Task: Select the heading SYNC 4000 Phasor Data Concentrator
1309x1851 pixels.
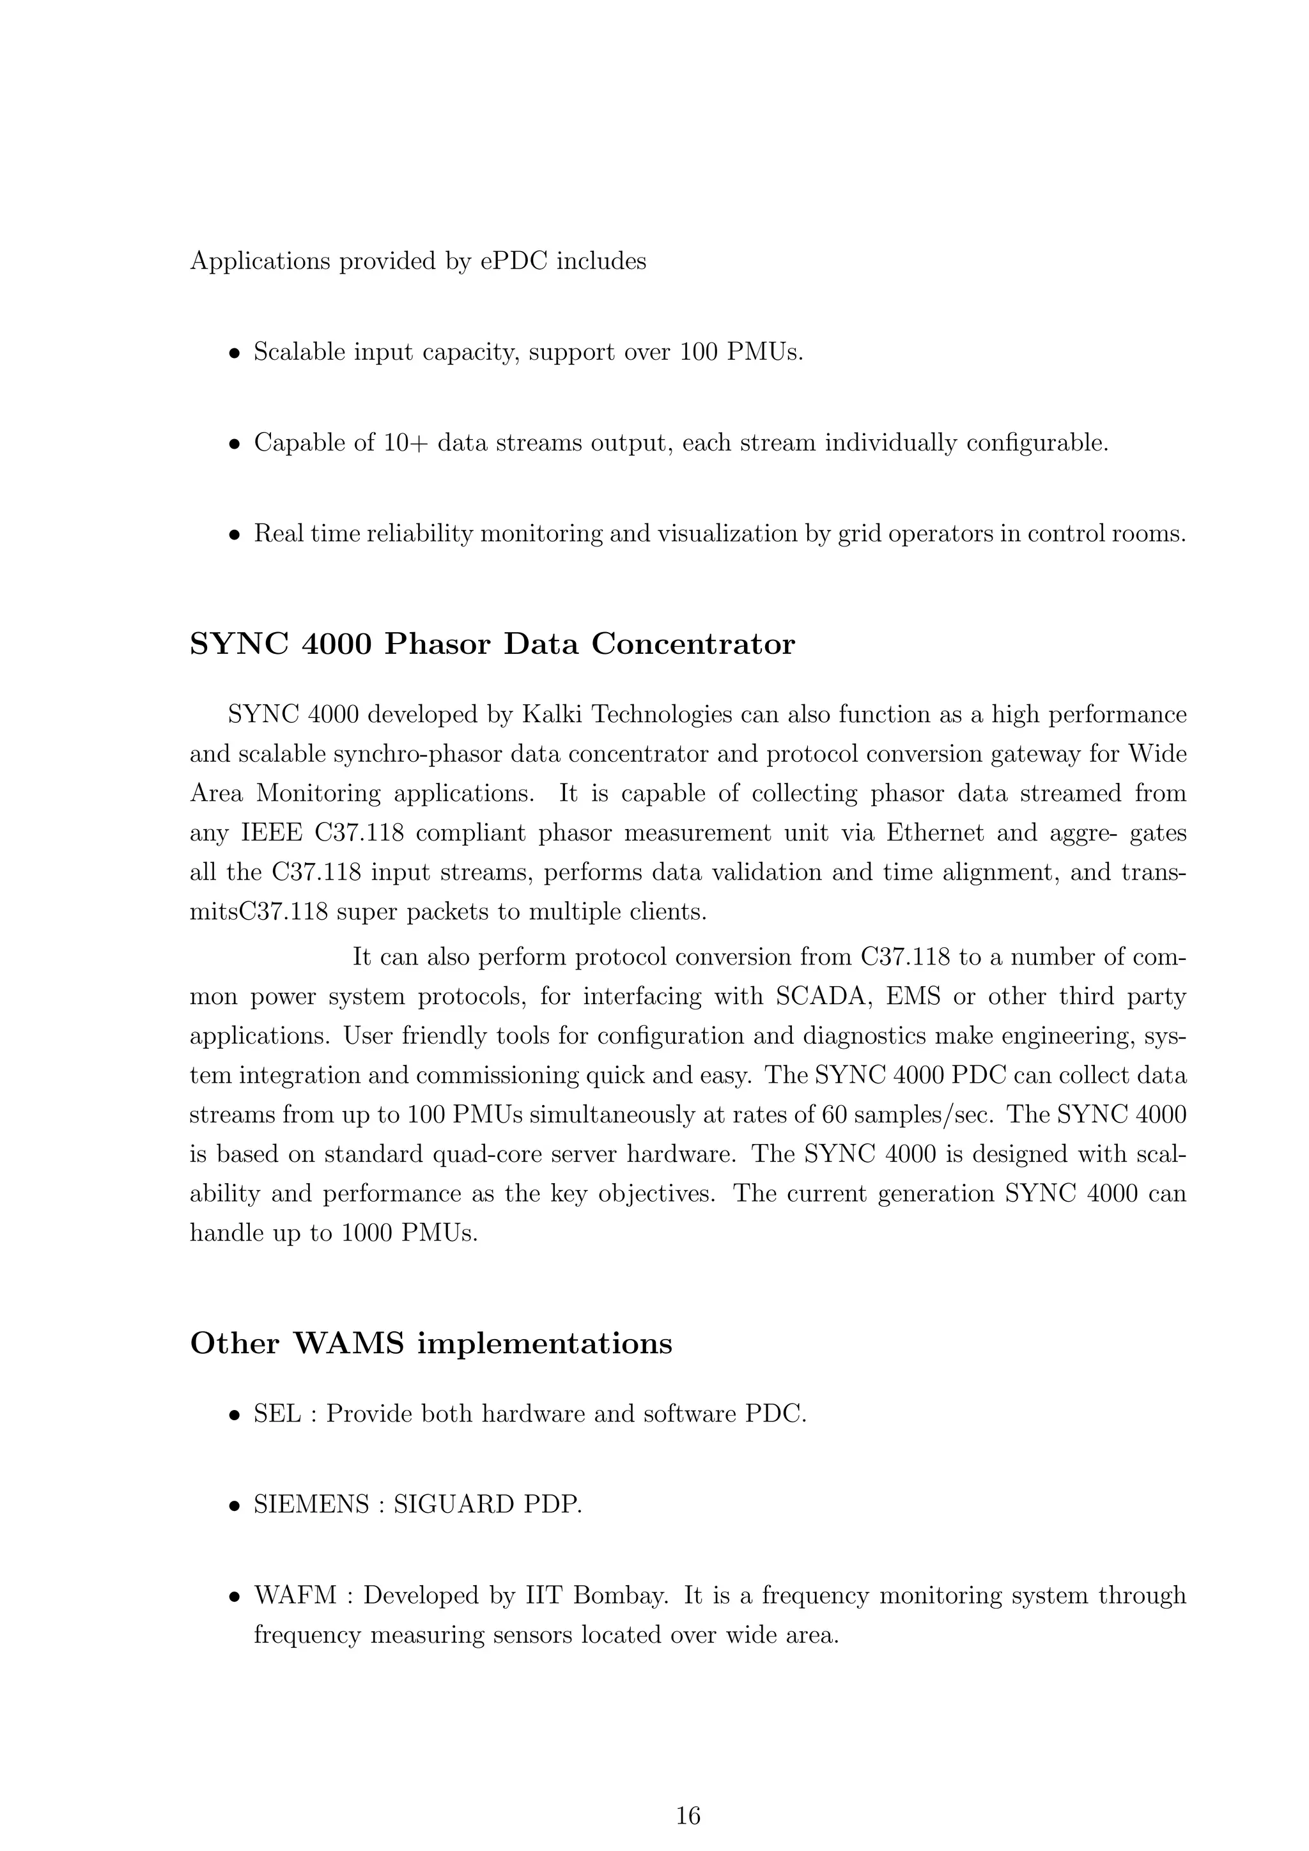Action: pos(492,644)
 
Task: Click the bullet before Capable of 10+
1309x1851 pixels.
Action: pos(234,444)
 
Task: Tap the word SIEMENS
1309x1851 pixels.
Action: pos(311,1505)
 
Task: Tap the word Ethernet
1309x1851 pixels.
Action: pos(935,833)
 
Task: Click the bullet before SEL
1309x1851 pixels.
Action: pos(234,1415)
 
